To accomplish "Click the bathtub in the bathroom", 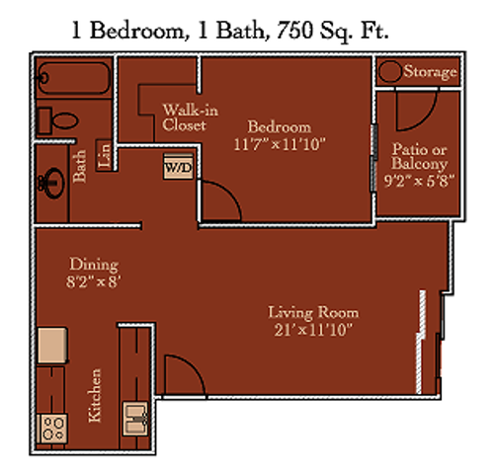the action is [74, 78].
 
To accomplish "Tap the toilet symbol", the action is [58, 120].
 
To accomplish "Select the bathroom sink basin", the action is [52, 184].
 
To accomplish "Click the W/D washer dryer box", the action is [178, 167].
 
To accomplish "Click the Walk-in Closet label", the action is [190, 118].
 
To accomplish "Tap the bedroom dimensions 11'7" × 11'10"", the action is [280, 144].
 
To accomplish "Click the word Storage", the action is [431, 72].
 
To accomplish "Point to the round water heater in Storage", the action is [390, 71].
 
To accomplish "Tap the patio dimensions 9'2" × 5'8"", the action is [419, 181].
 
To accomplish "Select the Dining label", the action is [94, 265].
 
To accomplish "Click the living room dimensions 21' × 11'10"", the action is [313, 330].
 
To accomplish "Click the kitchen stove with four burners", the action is [52, 429].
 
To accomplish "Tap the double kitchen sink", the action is [135, 419].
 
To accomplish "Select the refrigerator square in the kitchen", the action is [52, 345].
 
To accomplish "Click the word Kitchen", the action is [95, 396].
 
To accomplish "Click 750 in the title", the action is [294, 31].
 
